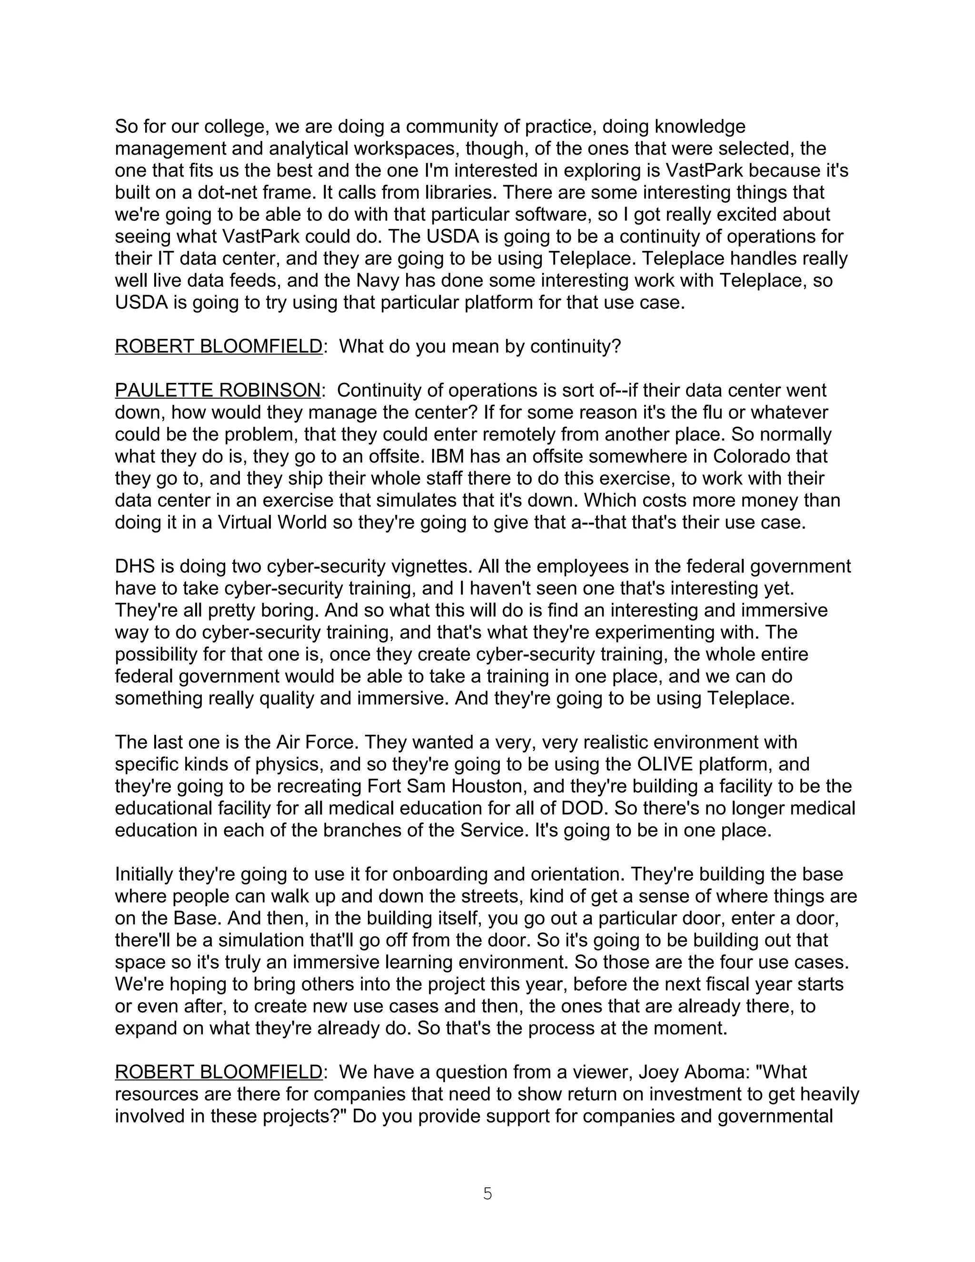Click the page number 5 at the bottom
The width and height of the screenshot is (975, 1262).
(487, 1193)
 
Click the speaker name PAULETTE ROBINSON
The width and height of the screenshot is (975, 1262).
(217, 390)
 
